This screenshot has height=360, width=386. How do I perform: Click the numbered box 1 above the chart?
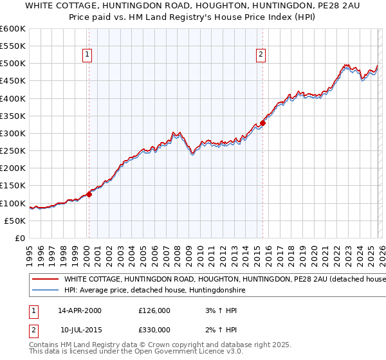(x=87, y=55)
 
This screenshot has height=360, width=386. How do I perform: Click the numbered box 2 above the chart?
(x=261, y=55)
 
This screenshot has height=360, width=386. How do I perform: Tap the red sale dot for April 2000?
(x=89, y=194)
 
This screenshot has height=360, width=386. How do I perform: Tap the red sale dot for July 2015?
(x=263, y=123)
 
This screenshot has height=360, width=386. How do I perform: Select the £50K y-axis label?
(x=15, y=221)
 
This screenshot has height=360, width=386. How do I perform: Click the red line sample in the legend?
(x=44, y=280)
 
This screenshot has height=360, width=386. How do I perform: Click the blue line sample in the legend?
(x=44, y=291)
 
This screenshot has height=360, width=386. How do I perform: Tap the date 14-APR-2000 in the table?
(x=79, y=310)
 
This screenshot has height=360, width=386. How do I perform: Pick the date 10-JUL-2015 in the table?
(x=79, y=330)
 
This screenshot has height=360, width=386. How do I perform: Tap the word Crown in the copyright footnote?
(x=163, y=345)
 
